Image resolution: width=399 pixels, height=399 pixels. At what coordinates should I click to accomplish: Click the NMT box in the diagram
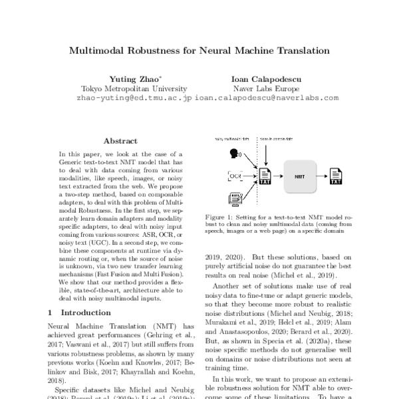click(300, 177)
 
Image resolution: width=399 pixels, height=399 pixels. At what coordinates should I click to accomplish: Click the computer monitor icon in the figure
click(235, 198)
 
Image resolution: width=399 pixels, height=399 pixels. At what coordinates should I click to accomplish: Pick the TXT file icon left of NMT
click(265, 178)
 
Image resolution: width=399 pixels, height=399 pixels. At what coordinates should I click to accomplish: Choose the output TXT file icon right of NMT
click(336, 178)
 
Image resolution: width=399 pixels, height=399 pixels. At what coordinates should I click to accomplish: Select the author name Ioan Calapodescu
click(267, 77)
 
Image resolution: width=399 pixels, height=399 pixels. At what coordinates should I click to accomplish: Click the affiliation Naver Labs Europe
click(267, 88)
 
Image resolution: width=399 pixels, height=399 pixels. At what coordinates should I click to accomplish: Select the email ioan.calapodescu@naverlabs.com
click(267, 97)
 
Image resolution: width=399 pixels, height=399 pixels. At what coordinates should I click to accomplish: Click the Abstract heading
click(120, 141)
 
